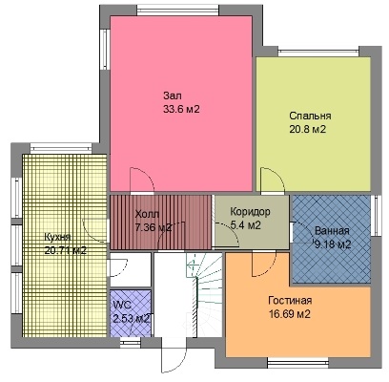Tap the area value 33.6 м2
[181, 109]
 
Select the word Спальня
[310, 116]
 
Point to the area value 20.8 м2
[308, 129]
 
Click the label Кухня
[57, 237]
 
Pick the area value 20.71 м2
[66, 250]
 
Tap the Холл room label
[147, 214]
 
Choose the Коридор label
[251, 211]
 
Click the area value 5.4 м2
[246, 225]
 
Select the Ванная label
[332, 231]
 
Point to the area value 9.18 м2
[333, 244]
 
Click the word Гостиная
[290, 301]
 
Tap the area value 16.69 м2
[290, 314]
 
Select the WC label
[122, 305]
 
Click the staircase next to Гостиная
[204, 294]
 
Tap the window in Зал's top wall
[178, 11]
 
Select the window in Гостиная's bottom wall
[297, 362]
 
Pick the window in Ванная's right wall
[376, 216]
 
